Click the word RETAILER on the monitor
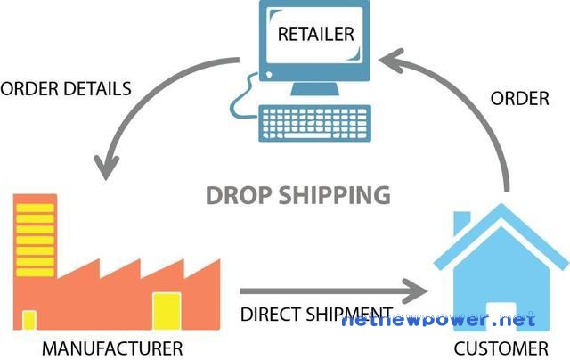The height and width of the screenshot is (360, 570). coord(315,34)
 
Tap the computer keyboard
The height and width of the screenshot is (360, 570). coord(314,123)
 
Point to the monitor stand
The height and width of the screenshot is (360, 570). coord(314,89)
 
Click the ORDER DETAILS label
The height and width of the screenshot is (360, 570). coord(66,89)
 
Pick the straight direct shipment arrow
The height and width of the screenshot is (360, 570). coord(333,290)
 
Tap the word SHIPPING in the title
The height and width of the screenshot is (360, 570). coord(335,195)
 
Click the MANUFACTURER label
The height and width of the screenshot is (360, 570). coord(112,348)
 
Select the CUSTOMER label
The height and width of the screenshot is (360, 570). coord(501,348)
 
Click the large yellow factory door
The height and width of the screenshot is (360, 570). coord(167,311)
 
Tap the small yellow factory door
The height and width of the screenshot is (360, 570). coord(29,321)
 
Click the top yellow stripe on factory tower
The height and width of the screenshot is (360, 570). coord(36,208)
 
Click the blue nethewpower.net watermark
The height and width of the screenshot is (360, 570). coord(438,320)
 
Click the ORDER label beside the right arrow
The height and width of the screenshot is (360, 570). coord(520,99)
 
